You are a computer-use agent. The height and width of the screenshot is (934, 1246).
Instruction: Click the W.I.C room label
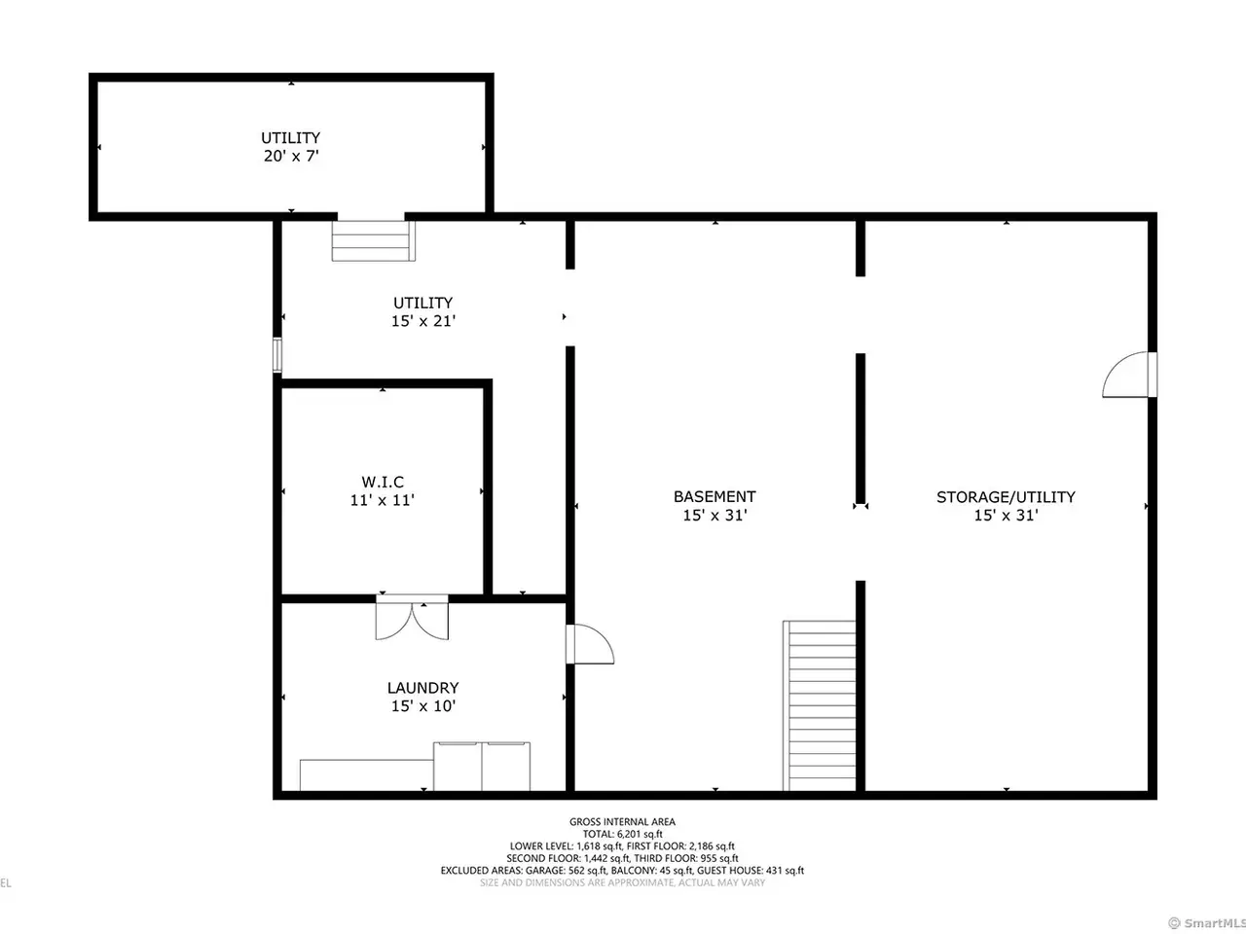point(383,482)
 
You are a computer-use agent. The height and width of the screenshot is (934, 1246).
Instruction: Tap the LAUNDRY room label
point(422,688)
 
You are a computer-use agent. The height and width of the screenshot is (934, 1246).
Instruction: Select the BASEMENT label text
point(715,497)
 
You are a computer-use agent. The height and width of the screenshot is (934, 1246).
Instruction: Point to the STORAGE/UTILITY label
point(1006,497)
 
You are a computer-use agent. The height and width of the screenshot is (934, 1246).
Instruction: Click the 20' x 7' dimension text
point(291,156)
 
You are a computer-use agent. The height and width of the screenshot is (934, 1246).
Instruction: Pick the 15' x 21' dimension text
point(423,321)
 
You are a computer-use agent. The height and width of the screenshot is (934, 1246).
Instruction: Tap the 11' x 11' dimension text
point(383,500)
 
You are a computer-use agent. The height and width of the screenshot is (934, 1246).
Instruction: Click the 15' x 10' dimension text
point(423,706)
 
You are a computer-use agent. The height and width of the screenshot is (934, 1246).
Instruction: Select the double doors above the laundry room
point(412,617)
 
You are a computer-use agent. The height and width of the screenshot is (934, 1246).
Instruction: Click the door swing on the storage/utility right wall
point(1129,375)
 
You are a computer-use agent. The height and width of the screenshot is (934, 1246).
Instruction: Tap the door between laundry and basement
point(590,644)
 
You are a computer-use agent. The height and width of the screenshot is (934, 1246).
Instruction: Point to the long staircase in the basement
point(819,705)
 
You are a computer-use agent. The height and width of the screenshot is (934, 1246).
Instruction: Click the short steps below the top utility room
point(373,241)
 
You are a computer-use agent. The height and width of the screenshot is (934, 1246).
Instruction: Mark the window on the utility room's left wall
point(277,355)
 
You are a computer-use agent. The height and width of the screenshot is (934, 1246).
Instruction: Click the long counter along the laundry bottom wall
point(367,775)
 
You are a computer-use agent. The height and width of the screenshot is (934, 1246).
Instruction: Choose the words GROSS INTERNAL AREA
point(622,822)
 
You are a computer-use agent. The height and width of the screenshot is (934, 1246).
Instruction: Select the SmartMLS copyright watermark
point(1206,923)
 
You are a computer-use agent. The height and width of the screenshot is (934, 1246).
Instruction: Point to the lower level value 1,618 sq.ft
point(599,846)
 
